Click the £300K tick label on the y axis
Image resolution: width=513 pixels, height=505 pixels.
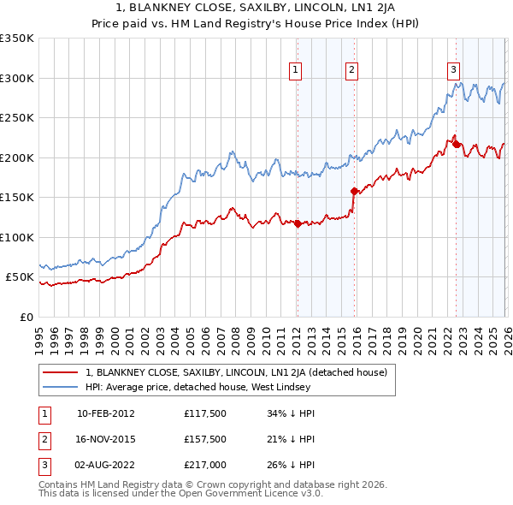[x=16, y=78]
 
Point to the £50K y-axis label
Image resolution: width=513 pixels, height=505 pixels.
[x=19, y=277]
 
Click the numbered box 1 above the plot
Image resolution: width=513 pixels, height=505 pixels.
[x=295, y=70]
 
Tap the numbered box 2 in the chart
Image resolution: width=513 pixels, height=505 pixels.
[x=351, y=70]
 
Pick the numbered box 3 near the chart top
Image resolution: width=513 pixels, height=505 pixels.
[x=453, y=70]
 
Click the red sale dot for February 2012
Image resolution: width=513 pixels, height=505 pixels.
[x=297, y=224]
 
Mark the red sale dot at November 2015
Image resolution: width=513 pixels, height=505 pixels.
[x=354, y=191]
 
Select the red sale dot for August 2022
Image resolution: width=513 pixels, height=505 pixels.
[x=455, y=144]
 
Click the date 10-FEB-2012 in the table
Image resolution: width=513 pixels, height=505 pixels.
[x=105, y=413]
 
